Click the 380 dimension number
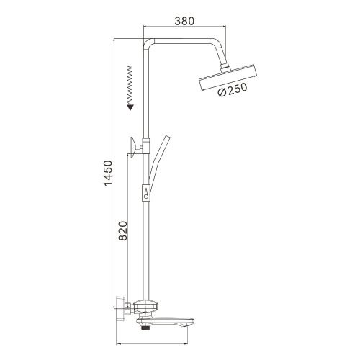pos(185,21)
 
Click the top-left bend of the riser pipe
pos(150,42)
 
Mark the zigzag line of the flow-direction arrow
pos(130,83)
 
